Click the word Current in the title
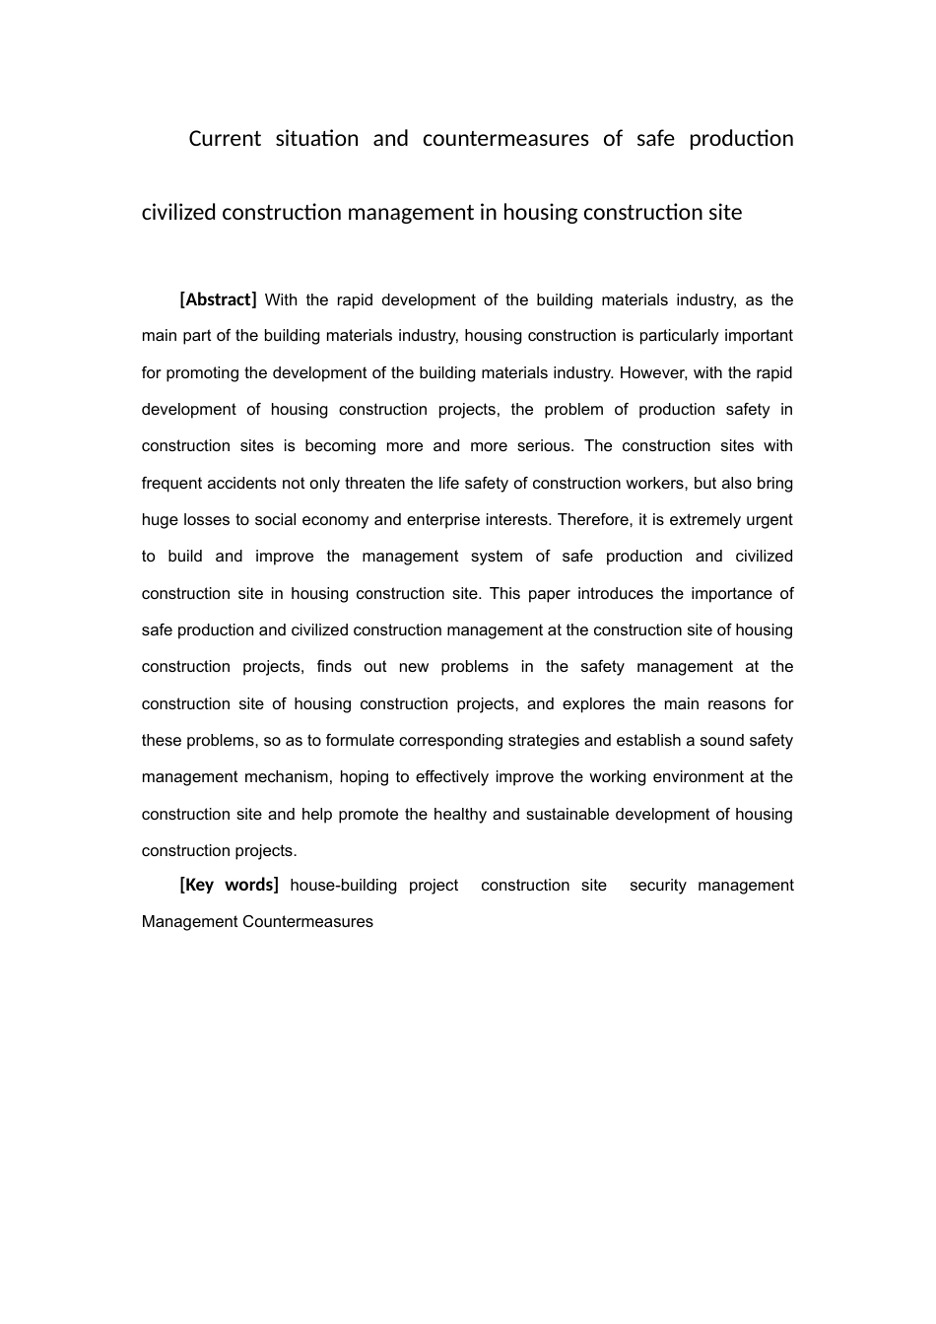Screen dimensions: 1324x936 (x=225, y=139)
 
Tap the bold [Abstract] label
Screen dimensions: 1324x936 (x=218, y=299)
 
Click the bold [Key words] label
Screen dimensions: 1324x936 (x=229, y=885)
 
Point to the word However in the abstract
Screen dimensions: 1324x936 (x=651, y=373)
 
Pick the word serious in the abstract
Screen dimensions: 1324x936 (x=544, y=446)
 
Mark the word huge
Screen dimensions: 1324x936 (x=159, y=520)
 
